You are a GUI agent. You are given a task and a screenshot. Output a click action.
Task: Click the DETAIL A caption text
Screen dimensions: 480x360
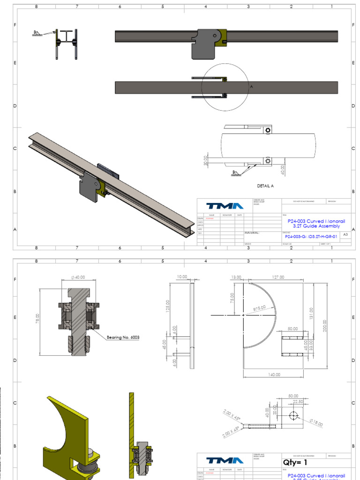coord(265,186)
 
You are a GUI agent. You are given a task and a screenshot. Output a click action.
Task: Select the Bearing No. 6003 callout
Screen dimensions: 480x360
coord(123,337)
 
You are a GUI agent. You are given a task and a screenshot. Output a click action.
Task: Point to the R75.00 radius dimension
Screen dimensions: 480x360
coord(259,308)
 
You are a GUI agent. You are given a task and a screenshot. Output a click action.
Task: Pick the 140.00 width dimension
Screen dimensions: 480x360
coord(274,375)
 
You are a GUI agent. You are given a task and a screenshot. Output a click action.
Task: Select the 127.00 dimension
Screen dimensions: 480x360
coord(278,277)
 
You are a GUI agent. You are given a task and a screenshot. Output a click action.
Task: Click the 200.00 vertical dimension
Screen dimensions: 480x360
coord(324,325)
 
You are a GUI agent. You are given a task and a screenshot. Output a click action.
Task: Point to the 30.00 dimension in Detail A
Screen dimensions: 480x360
coord(206,160)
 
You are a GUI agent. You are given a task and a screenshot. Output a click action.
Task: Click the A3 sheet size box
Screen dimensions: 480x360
coord(345,234)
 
